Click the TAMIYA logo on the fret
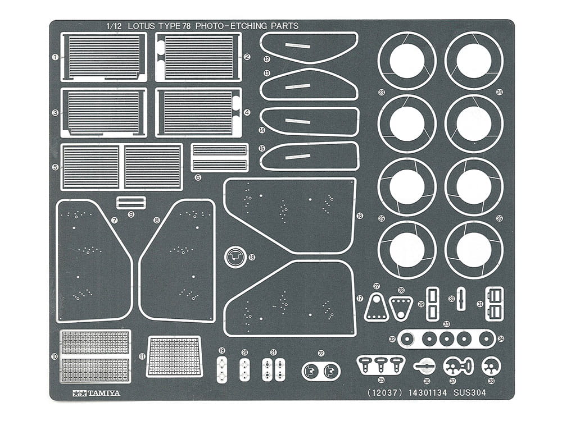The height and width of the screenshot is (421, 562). [96, 393]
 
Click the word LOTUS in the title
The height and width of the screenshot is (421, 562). [143, 26]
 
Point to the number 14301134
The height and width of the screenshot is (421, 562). [428, 393]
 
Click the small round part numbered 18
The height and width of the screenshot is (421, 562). [235, 257]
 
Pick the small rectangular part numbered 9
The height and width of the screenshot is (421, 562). [131, 203]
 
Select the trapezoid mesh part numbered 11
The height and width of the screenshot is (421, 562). [174, 356]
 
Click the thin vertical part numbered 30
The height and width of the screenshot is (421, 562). [461, 299]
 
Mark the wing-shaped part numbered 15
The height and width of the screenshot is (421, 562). [308, 155]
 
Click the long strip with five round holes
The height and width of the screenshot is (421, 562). [446, 339]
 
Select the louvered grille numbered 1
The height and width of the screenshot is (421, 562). [103, 57]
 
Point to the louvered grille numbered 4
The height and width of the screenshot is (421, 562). [198, 112]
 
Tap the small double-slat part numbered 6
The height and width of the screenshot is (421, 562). [220, 158]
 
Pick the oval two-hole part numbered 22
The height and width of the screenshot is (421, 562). [321, 370]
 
